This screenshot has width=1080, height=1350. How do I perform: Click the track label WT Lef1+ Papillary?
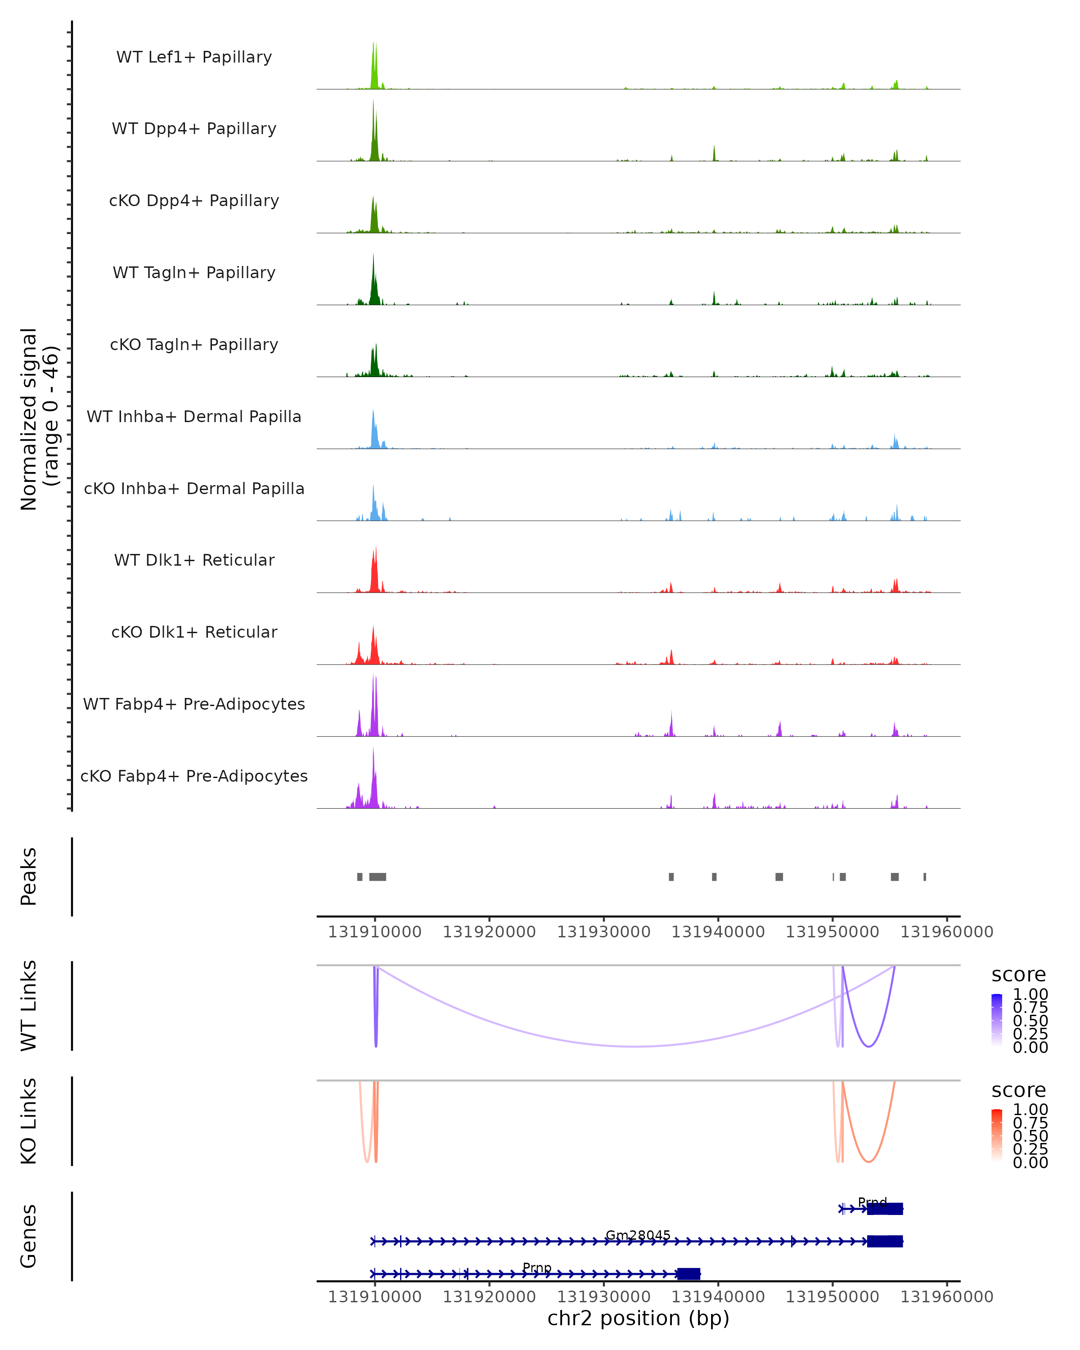194,57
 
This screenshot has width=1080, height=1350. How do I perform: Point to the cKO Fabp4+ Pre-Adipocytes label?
194,776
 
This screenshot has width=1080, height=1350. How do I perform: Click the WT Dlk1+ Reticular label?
194,560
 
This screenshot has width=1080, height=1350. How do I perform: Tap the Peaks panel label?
29,877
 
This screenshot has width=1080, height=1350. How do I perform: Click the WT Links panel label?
29,1006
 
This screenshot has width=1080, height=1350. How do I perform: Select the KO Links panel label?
29,1121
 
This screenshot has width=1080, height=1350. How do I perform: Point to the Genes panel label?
29,1236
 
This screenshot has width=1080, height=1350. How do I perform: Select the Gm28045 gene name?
638,1235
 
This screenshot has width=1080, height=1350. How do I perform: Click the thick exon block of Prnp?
688,1273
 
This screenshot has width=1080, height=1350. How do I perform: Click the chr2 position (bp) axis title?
638,1318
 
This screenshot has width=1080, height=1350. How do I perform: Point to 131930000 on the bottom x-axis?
603,1297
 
